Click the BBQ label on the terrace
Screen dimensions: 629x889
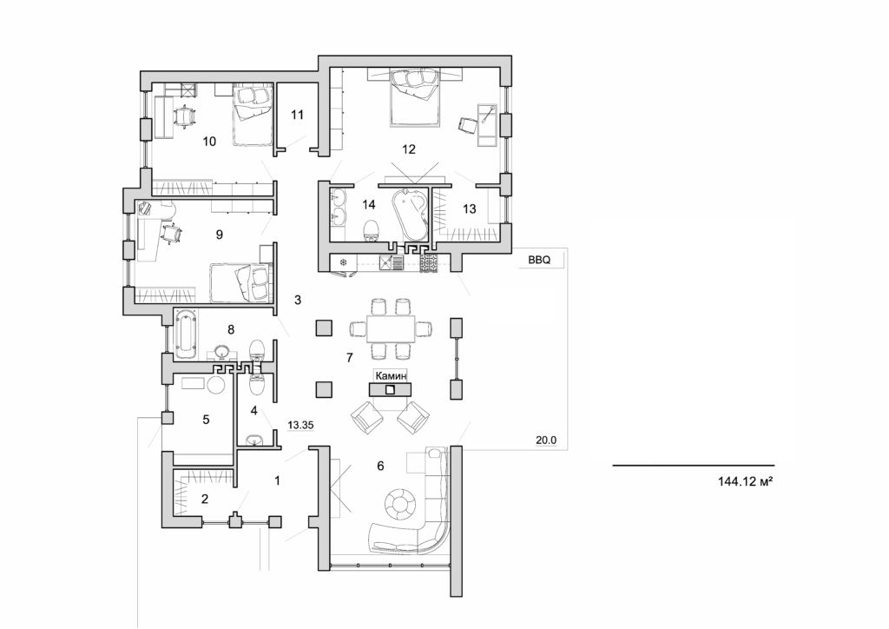(x=529, y=259)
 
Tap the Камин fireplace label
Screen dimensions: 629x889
(x=391, y=374)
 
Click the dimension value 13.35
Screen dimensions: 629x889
(x=300, y=424)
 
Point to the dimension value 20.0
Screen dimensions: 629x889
(x=545, y=440)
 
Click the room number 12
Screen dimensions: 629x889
(x=408, y=149)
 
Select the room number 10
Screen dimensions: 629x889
(x=208, y=141)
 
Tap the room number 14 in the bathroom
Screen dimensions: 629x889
(x=369, y=205)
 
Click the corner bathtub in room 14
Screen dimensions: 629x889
(x=409, y=212)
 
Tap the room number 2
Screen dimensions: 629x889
(x=205, y=499)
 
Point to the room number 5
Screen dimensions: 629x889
(x=206, y=420)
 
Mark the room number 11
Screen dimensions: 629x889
(x=298, y=114)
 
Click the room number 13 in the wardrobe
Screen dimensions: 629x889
(x=470, y=208)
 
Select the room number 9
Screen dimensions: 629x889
(x=219, y=234)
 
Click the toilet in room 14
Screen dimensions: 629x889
(x=372, y=230)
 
